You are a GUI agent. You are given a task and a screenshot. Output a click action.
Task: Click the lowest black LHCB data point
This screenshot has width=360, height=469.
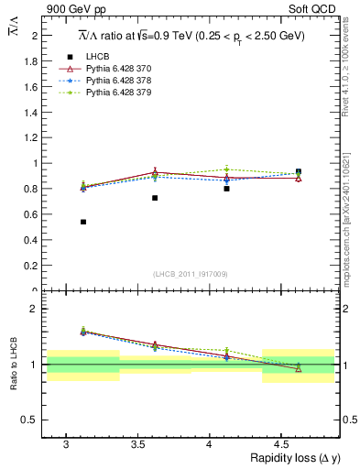[83, 222]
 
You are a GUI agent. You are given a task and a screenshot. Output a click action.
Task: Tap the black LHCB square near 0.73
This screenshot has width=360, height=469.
[155, 198]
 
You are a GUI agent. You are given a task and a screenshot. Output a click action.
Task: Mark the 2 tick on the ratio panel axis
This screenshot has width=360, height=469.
[34, 309]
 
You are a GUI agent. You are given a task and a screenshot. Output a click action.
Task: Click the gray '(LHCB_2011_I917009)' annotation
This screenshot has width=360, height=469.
[190, 274]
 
